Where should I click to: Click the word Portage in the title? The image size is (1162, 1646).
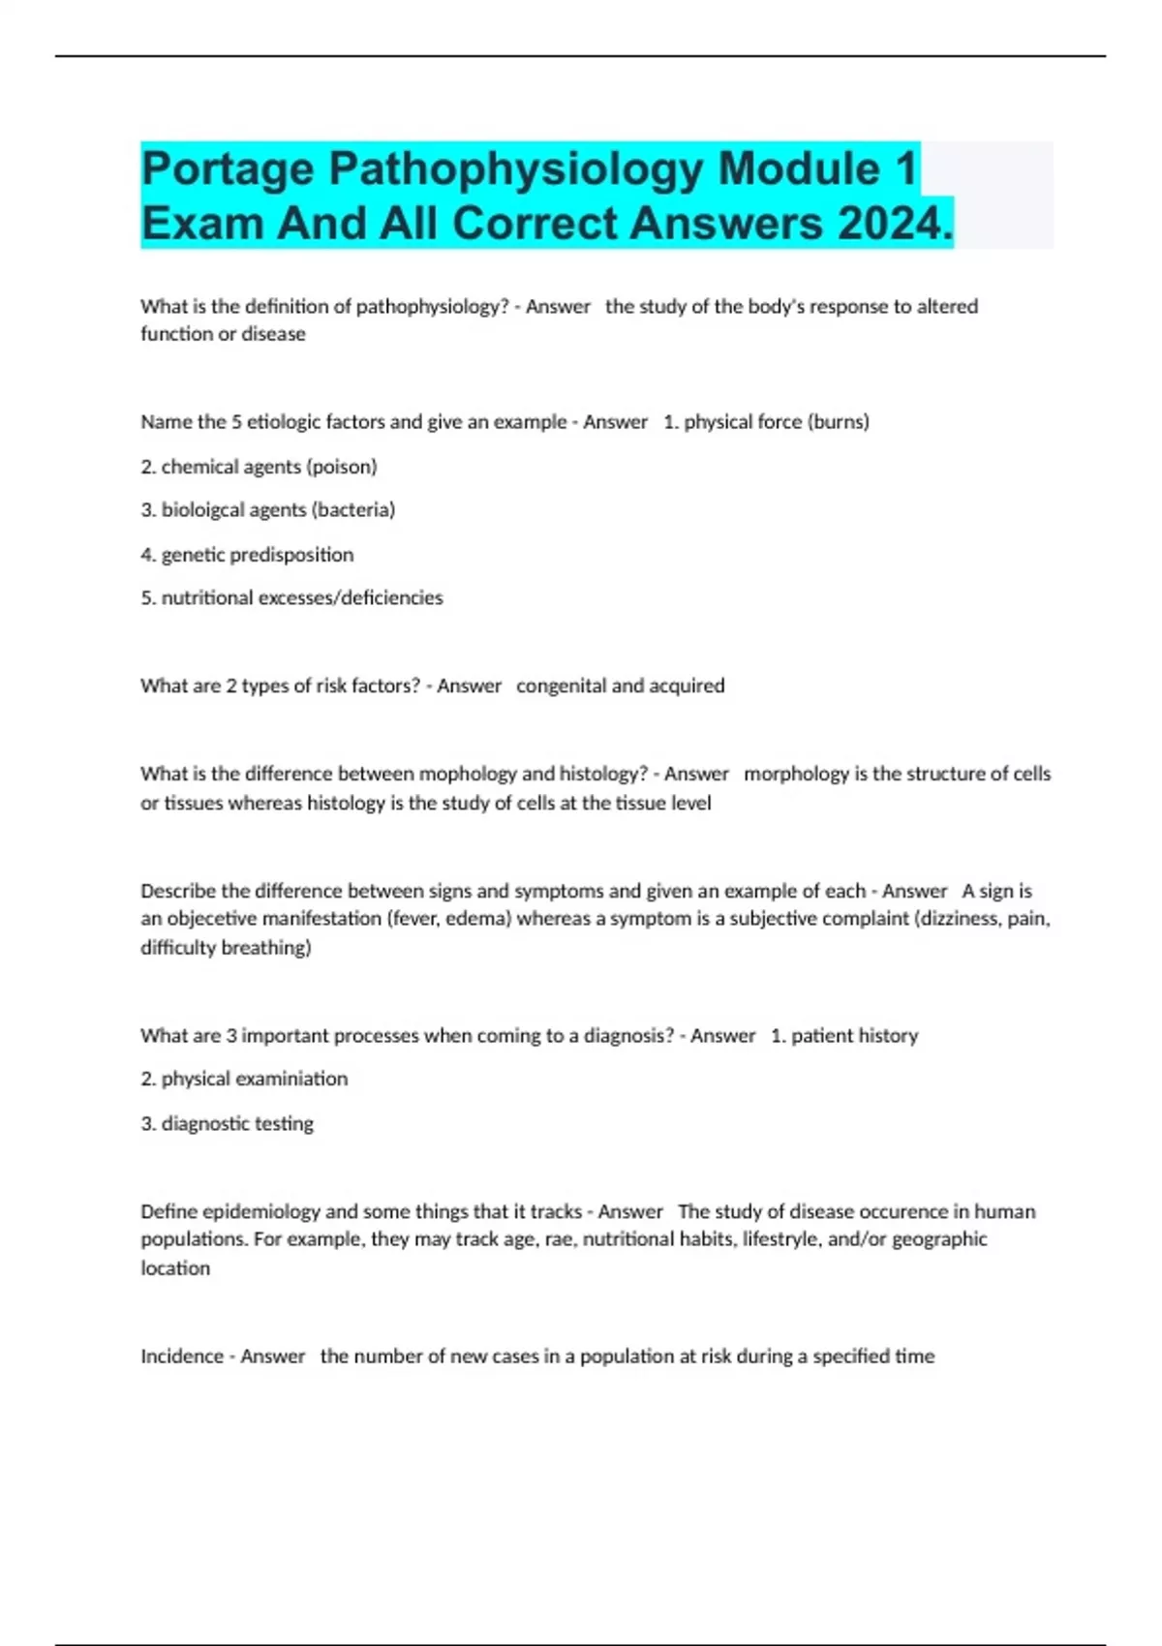(229, 169)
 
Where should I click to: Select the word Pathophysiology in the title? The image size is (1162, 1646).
(516, 169)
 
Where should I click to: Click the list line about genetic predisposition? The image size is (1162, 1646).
(247, 555)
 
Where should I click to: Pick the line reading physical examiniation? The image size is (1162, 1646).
(244, 1079)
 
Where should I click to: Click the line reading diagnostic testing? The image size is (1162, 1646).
(228, 1123)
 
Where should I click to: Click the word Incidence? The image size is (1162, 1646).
(183, 1356)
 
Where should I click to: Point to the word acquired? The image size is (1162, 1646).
(687, 686)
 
